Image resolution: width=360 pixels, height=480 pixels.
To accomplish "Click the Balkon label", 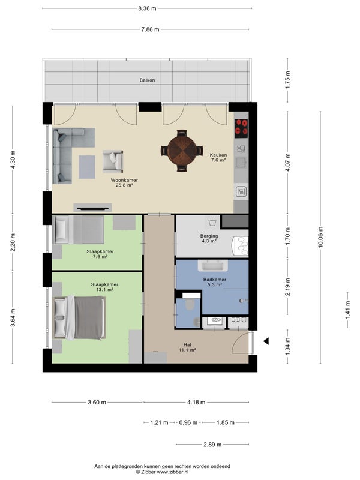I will click(148, 80).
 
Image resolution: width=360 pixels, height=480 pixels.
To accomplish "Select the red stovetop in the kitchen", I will click(242, 127).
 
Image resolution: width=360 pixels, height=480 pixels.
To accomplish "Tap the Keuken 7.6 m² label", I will click(217, 157).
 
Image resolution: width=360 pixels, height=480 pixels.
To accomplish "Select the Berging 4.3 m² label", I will click(209, 239).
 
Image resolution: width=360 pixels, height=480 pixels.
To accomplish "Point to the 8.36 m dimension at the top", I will click(147, 8).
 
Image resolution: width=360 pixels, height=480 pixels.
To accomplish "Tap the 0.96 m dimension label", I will click(188, 422).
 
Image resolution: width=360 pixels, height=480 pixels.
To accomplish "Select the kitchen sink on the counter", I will click(242, 148).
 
